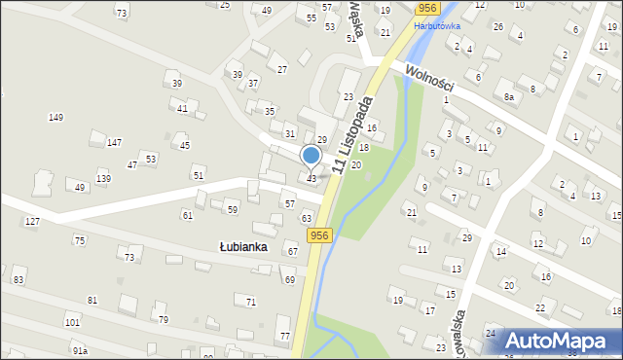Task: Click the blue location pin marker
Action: pos(311,156)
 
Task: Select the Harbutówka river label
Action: pos(437,26)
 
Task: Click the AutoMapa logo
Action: pos(563,340)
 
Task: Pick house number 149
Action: pos(56,118)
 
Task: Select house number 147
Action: pos(114,143)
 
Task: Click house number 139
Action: pos(103,179)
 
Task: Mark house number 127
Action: pos(32,222)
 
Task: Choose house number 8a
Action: pos(509,97)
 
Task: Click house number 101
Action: pos(72,322)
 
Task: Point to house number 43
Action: pos(311,178)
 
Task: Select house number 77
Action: pos(284,337)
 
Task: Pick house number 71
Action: pos(251,303)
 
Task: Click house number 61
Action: pos(188,215)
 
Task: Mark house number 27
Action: pos(282,69)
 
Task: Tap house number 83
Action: pos(18,280)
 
